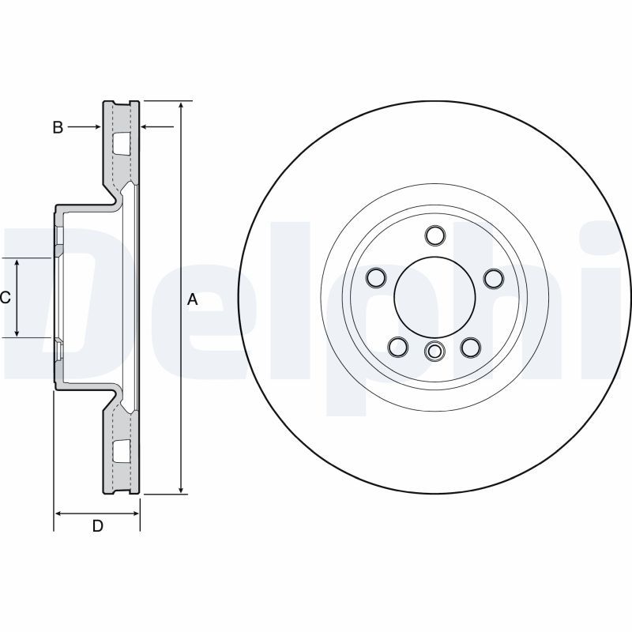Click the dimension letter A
click(x=193, y=299)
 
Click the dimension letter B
click(x=58, y=127)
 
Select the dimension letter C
click(x=6, y=298)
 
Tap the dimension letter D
click(x=98, y=525)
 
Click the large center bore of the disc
click(x=434, y=298)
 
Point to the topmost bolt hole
click(x=435, y=235)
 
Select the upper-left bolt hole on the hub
click(x=377, y=277)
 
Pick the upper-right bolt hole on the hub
click(x=494, y=278)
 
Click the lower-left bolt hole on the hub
click(x=398, y=347)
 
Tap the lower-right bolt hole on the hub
click(x=470, y=347)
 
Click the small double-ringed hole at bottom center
click(x=434, y=351)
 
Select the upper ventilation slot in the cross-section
click(x=122, y=144)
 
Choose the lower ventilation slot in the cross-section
click(x=122, y=450)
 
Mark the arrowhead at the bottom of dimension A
click(x=182, y=490)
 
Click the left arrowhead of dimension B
click(x=97, y=127)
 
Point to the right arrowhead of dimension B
click(x=145, y=127)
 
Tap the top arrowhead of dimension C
click(x=17, y=263)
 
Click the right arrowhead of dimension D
click(x=135, y=513)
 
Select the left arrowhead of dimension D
click(x=58, y=513)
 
